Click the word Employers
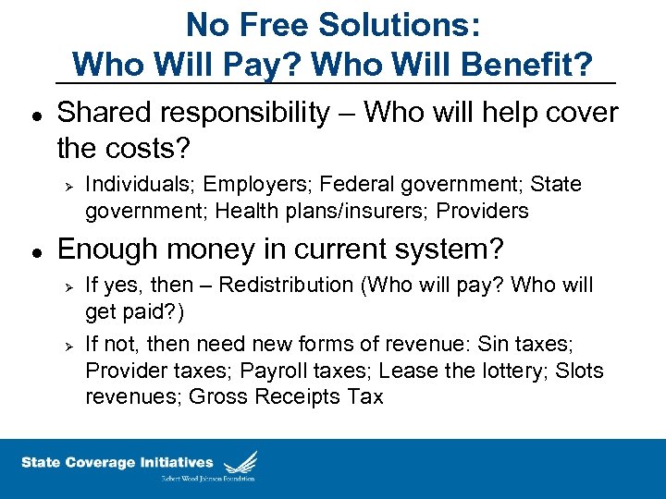pos(245,185)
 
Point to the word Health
pos(242,211)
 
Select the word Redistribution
pos(280,286)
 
